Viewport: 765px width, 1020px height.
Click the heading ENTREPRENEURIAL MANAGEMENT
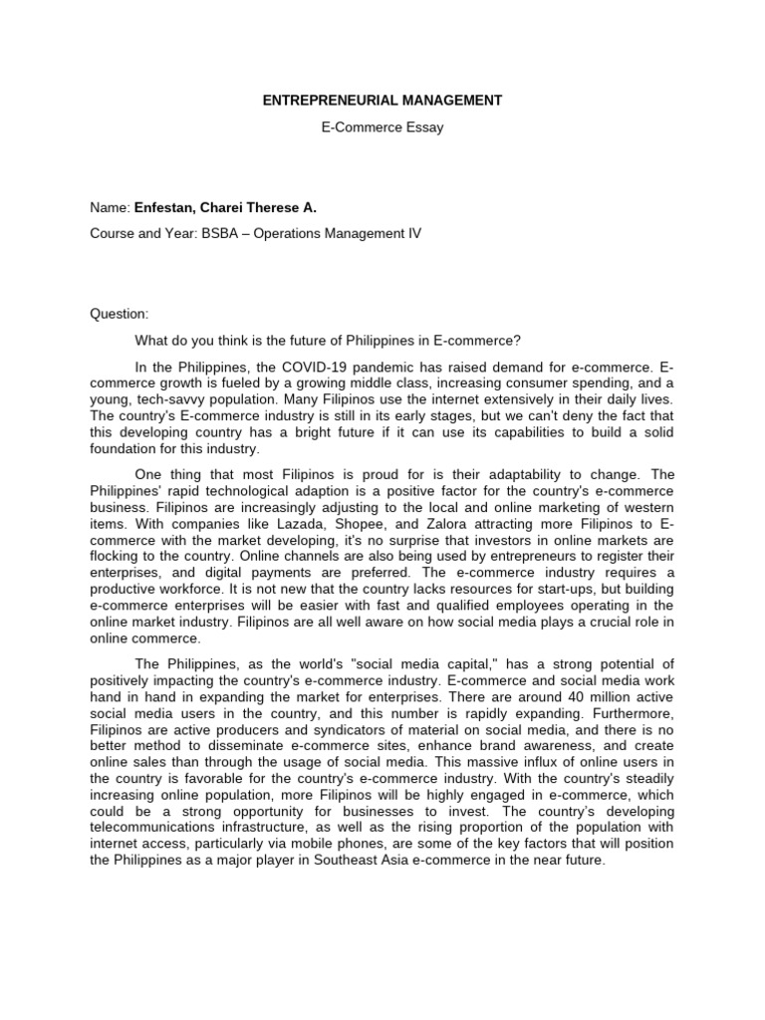pyautogui.click(x=382, y=101)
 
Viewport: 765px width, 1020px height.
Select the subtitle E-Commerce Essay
pyautogui.click(x=382, y=128)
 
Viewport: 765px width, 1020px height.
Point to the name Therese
pyautogui.click(x=280, y=207)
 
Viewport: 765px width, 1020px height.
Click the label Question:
pyautogui.click(x=119, y=313)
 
